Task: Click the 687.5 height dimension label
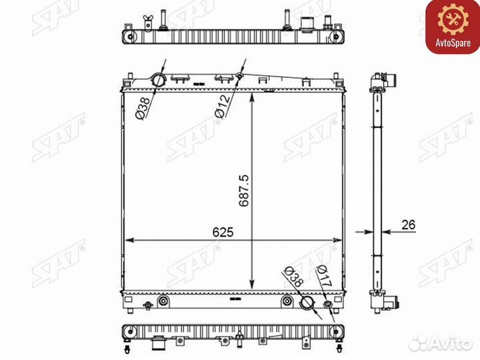coord(244,191)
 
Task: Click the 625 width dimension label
coord(223,232)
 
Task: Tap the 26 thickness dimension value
coord(409,225)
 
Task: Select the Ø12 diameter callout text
coord(223,106)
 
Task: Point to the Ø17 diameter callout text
coord(325,276)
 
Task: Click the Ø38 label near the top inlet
coord(143,108)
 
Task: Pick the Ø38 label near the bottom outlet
coord(293,277)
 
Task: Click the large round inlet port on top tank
coord(159,80)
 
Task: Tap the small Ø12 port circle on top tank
coord(240,75)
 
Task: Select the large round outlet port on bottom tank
coord(307,302)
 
